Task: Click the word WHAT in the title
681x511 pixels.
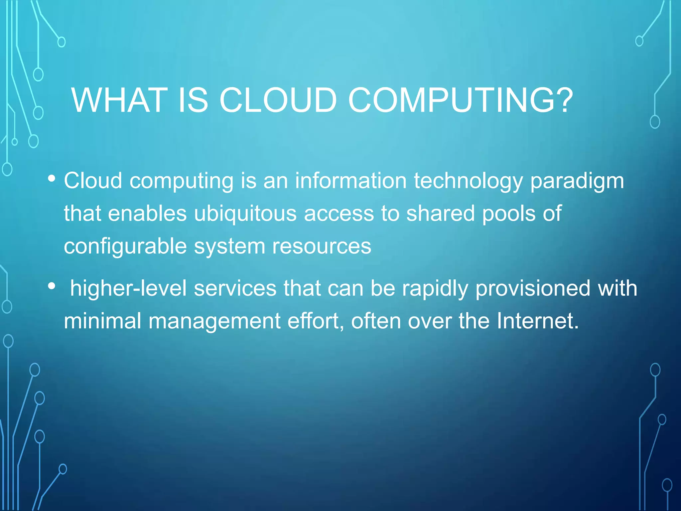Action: (119, 100)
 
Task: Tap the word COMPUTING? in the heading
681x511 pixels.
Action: (461, 100)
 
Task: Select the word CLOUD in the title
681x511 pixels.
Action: (278, 100)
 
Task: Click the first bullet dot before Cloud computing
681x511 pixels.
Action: (52, 179)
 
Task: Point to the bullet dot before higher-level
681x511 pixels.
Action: (52, 286)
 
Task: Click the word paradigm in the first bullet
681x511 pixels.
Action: (577, 182)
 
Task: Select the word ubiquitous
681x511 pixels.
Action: (245, 214)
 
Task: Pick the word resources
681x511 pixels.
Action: (322, 247)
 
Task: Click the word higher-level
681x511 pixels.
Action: (128, 288)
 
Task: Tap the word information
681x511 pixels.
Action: (351, 181)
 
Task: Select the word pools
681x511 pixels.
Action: (509, 214)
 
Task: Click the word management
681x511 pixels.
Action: (214, 321)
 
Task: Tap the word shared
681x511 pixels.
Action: (441, 214)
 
